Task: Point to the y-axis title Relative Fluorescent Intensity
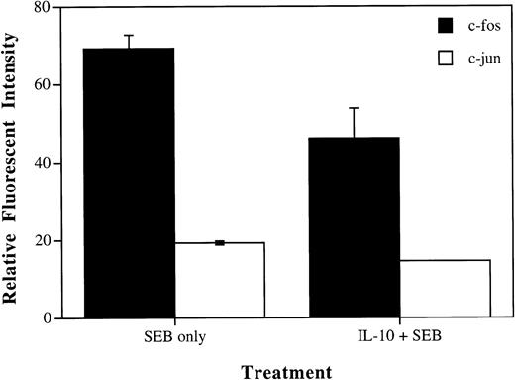(14, 164)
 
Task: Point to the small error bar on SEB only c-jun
(220, 242)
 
